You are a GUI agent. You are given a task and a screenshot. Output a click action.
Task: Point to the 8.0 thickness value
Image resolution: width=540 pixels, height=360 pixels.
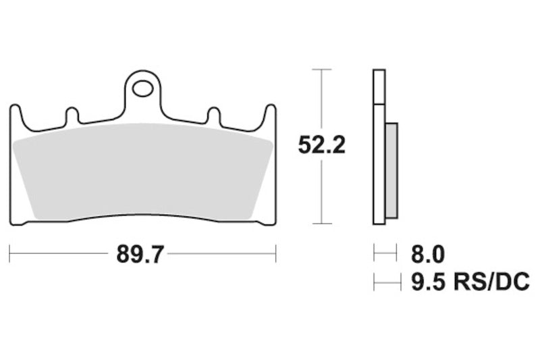(427, 255)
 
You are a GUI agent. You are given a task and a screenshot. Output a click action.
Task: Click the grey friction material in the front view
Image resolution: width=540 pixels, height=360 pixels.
(143, 172)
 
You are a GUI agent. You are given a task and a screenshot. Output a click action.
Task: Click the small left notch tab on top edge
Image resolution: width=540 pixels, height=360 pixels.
(71, 115)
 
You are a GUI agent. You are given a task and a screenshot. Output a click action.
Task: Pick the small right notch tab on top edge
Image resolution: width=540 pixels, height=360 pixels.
(214, 115)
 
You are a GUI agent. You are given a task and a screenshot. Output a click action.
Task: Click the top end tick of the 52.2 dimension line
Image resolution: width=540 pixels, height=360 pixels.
(322, 69)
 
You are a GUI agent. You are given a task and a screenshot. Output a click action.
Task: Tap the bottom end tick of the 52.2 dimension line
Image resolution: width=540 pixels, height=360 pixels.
(322, 224)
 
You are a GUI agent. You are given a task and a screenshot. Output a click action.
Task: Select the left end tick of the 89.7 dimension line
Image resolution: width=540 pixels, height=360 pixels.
(10, 255)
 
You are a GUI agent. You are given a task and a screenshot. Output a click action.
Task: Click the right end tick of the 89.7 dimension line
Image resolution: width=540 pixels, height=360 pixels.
(276, 255)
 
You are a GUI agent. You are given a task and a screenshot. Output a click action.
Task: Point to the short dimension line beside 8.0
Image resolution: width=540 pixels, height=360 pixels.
(385, 255)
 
